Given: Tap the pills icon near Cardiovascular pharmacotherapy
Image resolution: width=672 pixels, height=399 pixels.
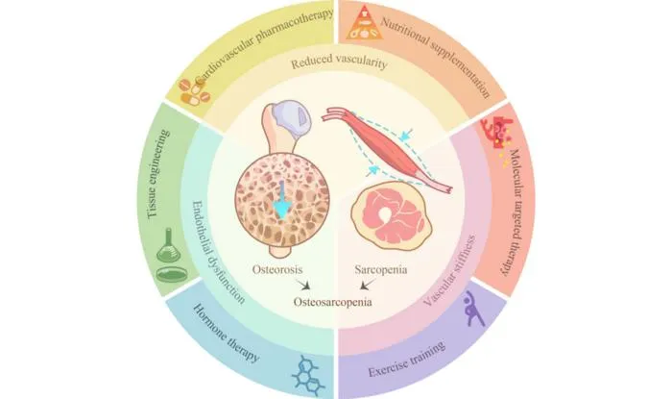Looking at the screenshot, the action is (195, 91).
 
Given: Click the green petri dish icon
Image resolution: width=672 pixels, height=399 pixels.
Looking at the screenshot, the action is (171, 274).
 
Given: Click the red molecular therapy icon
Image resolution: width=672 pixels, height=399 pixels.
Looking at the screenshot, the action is (496, 136).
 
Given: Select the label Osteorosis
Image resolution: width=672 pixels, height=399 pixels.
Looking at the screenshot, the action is (277, 269).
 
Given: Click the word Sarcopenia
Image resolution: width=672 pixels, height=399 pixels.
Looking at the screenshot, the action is (381, 270).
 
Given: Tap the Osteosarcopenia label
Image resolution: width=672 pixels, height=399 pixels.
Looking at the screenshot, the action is (332, 302).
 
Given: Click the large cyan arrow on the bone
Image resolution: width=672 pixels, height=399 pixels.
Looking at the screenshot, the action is (282, 200).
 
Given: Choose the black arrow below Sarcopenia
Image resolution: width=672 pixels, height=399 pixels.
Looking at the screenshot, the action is (366, 284).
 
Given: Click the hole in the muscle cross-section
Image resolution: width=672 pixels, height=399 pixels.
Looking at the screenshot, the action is (386, 213).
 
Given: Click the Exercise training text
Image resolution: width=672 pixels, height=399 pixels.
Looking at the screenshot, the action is (407, 359).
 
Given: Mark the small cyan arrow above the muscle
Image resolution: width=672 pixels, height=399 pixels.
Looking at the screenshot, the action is (405, 135).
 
